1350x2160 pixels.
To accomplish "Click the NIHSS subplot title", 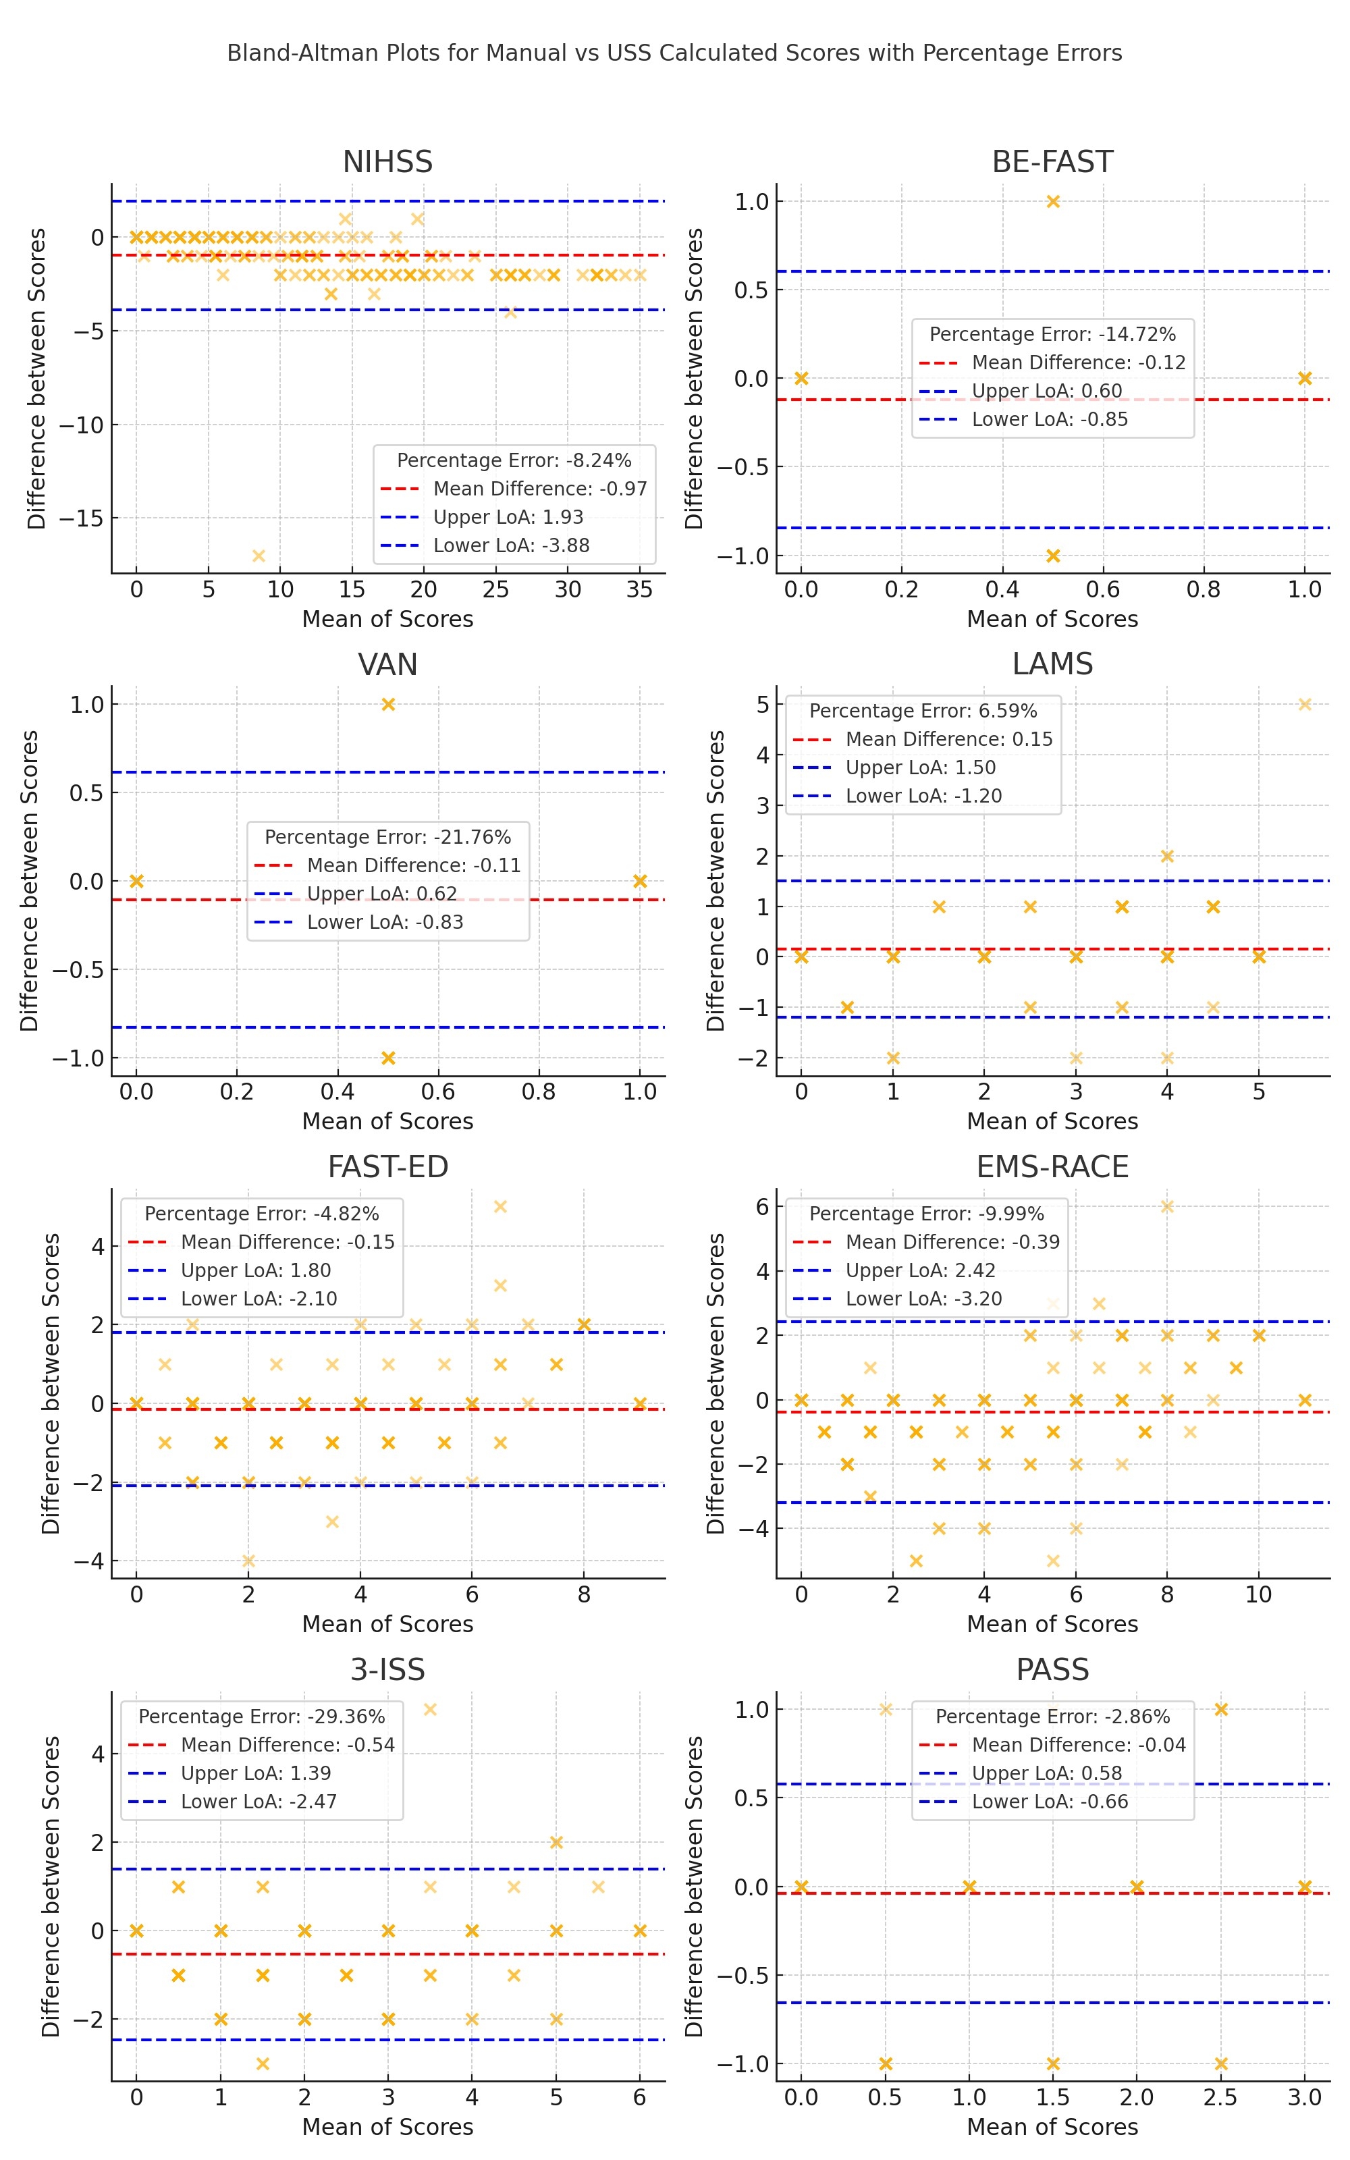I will coord(387,163).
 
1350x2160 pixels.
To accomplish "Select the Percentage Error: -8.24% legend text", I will coord(514,460).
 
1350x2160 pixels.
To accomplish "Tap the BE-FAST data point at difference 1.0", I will coord(1053,202).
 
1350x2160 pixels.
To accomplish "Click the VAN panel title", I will coord(387,665).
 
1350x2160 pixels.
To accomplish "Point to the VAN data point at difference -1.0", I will coord(387,1058).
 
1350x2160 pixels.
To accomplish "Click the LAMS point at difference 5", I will coord(1305,704).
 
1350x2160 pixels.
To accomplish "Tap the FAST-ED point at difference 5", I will coord(500,1207).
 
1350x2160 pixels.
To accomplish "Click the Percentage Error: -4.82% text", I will coord(262,1214).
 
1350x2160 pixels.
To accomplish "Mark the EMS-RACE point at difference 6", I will coord(1167,1207).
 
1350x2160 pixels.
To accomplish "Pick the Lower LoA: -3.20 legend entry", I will coord(923,1299).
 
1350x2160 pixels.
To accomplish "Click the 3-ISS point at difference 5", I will coord(429,1709).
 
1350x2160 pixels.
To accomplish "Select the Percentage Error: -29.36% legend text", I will coord(262,1717).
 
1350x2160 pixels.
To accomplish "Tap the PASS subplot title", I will coord(1053,1670).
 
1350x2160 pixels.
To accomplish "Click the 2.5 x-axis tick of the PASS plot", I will coord(1220,2097).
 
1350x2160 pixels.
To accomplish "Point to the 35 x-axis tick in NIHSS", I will coord(639,589).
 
